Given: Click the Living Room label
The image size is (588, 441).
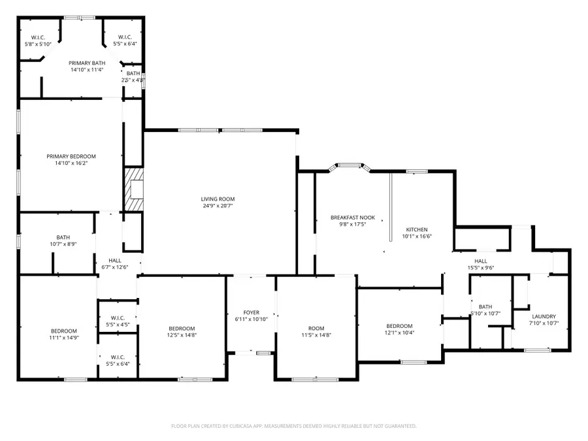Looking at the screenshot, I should [x=218, y=199].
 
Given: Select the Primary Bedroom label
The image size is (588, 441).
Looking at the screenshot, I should [x=71, y=156].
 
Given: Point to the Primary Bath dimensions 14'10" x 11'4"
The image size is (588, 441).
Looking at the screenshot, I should [x=87, y=69].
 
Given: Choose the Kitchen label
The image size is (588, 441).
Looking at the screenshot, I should [x=417, y=229].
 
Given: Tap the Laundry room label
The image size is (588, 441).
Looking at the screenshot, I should [x=544, y=316].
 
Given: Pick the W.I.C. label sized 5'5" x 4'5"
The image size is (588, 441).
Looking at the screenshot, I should [x=118, y=318].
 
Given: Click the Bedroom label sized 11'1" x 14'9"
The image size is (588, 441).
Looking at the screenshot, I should [x=64, y=331].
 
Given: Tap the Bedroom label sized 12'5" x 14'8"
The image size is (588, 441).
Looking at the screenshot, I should [x=182, y=328].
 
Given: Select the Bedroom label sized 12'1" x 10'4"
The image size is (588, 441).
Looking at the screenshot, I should [x=399, y=326].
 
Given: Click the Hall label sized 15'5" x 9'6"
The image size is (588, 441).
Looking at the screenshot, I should [x=481, y=261].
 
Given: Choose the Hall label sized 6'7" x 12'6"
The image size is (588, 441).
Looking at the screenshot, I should [x=115, y=260].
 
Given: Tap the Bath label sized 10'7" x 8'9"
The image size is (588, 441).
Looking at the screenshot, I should [x=63, y=237].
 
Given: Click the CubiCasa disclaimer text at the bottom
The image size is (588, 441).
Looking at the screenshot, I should [x=293, y=426].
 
